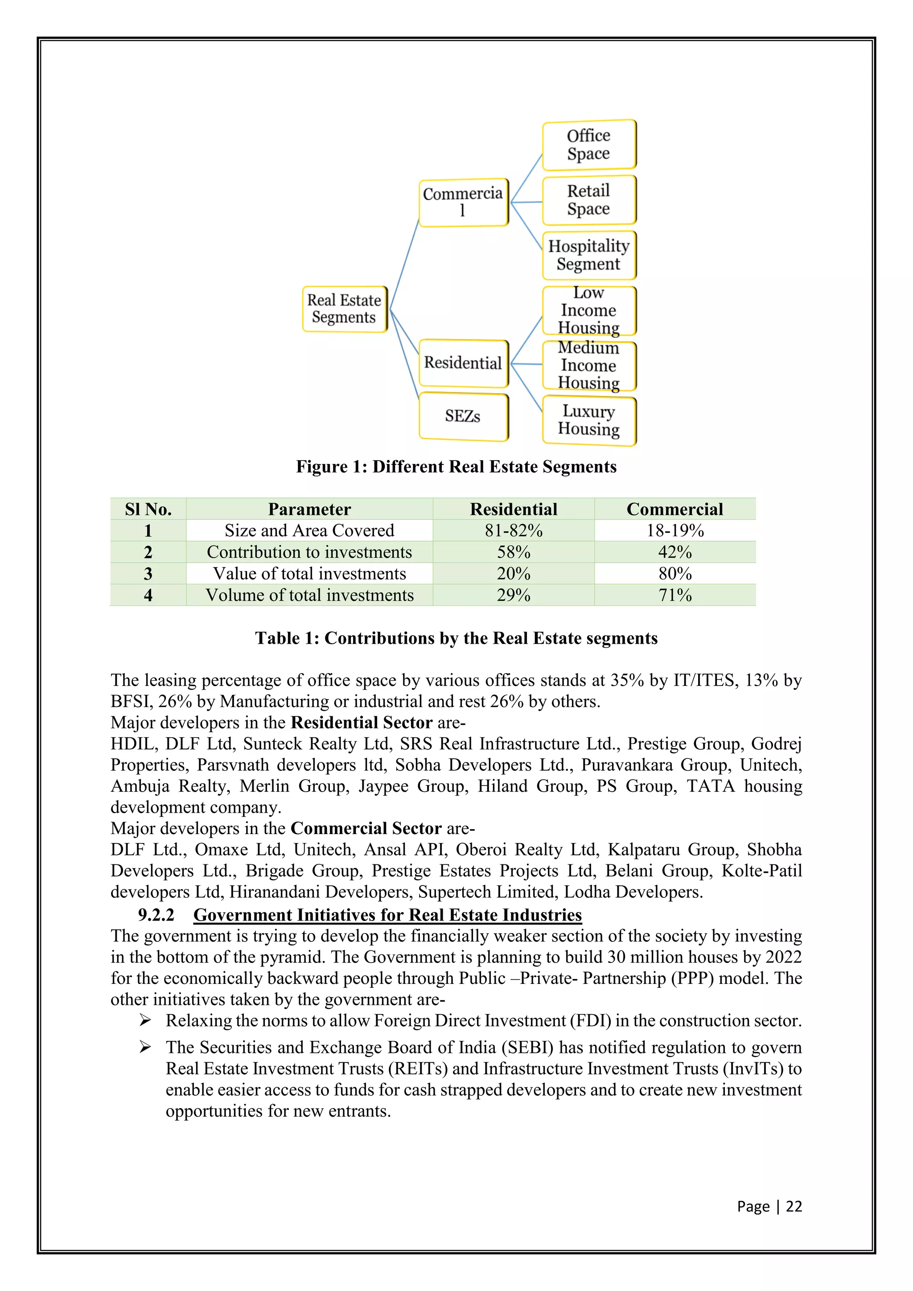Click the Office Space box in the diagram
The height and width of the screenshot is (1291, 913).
(x=588, y=144)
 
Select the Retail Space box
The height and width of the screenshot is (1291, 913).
(x=588, y=200)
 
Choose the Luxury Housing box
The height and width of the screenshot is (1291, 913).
(x=588, y=420)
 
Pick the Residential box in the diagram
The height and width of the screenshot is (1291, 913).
(x=463, y=363)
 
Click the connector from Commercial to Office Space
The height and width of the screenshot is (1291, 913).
(x=526, y=178)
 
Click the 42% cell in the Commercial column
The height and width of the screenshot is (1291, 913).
(x=674, y=552)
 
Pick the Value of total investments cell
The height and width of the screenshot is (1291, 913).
(x=309, y=574)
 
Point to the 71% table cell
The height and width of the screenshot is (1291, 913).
(x=674, y=595)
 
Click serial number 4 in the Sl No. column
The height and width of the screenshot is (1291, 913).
(x=148, y=595)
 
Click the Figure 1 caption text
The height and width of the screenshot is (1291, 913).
(x=456, y=467)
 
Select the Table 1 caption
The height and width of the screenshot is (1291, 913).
(x=456, y=638)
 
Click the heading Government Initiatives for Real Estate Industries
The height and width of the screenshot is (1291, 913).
(x=387, y=915)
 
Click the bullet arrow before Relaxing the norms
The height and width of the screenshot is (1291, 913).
(x=145, y=1020)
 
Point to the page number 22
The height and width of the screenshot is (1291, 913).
(x=793, y=1206)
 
